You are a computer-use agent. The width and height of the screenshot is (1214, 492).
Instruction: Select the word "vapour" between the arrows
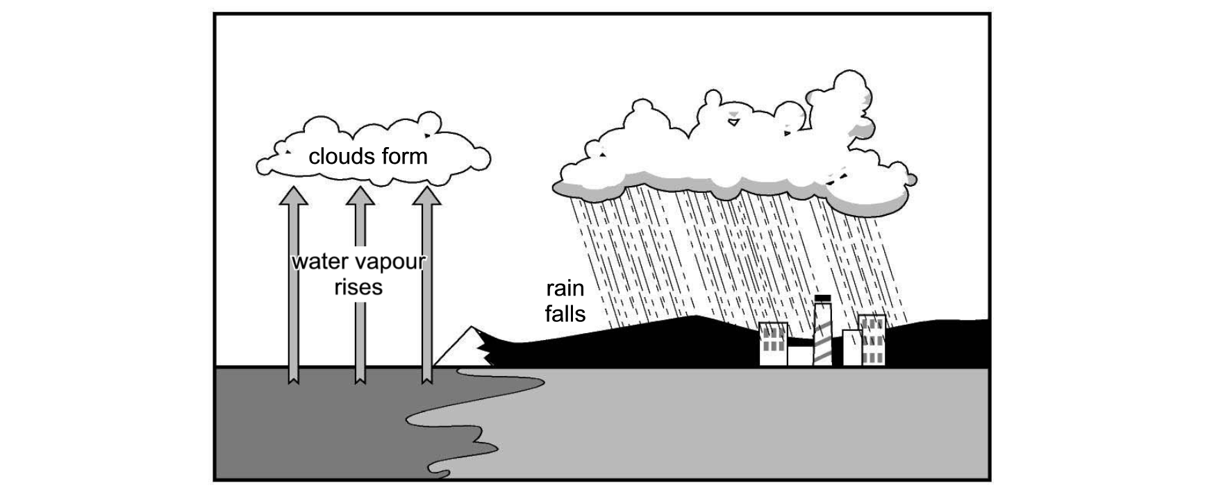pos(390,264)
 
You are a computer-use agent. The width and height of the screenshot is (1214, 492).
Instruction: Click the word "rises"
pos(358,287)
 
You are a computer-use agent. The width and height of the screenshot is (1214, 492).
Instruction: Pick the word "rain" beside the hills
pos(565,288)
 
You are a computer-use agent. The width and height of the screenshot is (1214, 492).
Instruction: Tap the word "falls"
pos(565,314)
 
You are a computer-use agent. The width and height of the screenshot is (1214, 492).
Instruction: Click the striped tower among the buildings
pos(822,333)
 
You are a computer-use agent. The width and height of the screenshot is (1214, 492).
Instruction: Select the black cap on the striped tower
pos(822,298)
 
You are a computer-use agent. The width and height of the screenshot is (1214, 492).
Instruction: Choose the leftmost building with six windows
pos(773,344)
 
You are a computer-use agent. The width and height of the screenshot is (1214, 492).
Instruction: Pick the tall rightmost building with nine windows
pos(872,340)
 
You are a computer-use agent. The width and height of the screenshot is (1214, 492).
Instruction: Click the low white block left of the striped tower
pos(799,355)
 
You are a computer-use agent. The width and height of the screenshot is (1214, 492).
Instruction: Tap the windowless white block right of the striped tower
pos(852,348)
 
